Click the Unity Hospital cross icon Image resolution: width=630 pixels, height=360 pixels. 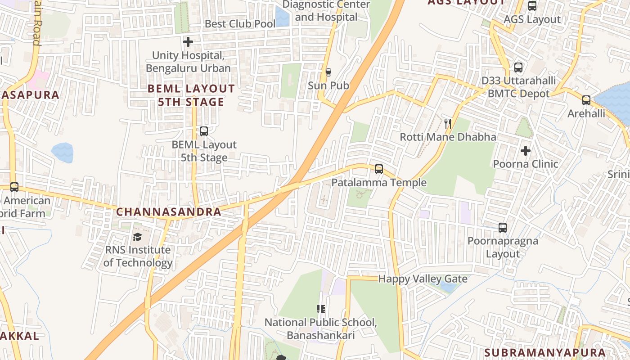(188, 42)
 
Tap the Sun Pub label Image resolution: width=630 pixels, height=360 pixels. (328, 85)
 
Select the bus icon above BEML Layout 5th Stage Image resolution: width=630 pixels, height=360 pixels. (204, 131)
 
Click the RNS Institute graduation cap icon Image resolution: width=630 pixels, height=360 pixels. (138, 237)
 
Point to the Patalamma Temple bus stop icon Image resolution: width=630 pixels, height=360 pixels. (379, 169)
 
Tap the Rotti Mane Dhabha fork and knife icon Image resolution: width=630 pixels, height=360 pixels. (447, 123)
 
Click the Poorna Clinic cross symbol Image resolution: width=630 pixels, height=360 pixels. (525, 151)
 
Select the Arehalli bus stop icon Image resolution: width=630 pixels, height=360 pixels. (586, 100)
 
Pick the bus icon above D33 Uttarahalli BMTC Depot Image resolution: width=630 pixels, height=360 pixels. (518, 67)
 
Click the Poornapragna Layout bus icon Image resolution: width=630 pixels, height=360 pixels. (503, 228)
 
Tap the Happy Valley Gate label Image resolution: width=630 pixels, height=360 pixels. (423, 279)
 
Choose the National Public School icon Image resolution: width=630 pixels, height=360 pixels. (321, 309)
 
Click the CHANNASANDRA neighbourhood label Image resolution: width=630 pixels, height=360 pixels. (169, 212)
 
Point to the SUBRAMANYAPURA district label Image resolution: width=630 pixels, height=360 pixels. (545, 352)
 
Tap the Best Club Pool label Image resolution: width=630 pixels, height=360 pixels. (240, 24)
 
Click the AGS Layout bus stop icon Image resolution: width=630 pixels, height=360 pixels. (532, 6)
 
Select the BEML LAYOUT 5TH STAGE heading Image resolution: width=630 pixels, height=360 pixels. (191, 95)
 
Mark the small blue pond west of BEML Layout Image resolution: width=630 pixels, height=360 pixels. (62, 153)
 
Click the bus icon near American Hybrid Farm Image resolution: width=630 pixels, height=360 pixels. (14, 187)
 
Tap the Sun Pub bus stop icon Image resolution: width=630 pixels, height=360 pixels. (328, 72)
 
